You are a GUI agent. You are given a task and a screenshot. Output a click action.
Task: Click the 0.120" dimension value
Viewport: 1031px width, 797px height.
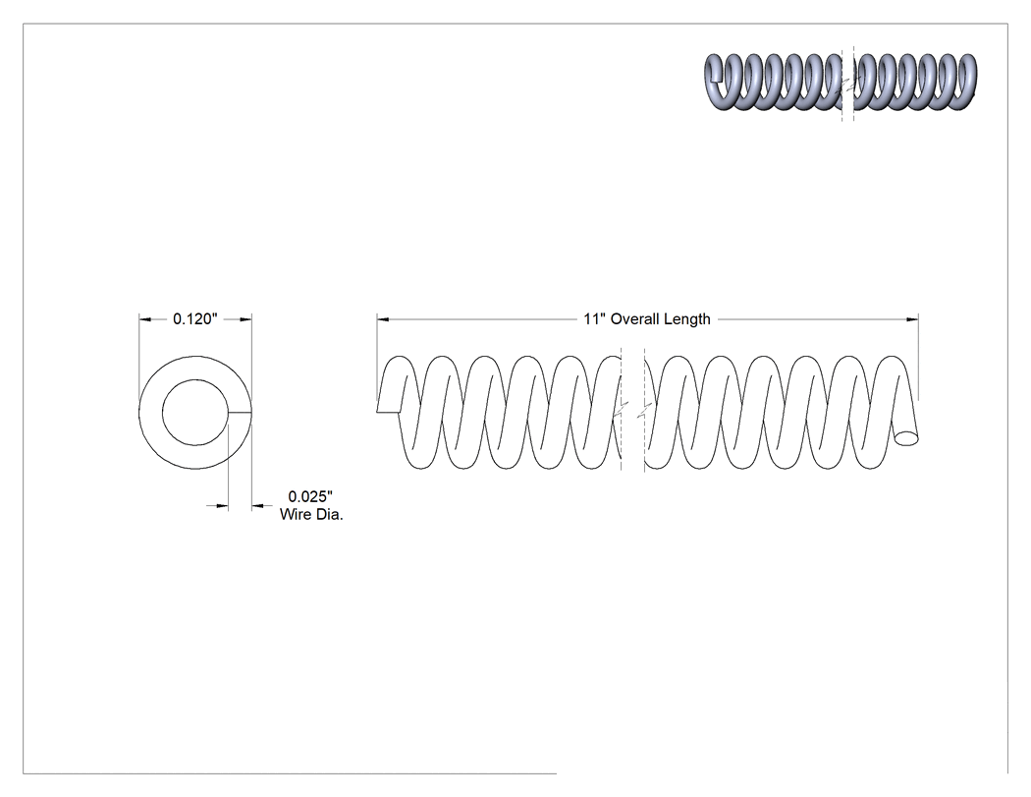pyautogui.click(x=194, y=319)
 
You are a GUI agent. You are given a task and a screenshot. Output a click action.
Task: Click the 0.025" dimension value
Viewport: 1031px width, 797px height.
pyautogui.click(x=311, y=496)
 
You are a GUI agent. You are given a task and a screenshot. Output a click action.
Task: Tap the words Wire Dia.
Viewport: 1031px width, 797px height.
pyautogui.click(x=311, y=515)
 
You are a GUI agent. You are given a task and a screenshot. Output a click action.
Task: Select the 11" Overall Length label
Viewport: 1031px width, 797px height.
pyautogui.click(x=647, y=319)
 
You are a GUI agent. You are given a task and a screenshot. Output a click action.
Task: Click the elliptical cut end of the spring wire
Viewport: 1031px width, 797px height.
pyautogui.click(x=906, y=437)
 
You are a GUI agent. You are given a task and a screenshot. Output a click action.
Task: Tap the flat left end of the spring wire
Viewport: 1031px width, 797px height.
pyautogui.click(x=388, y=412)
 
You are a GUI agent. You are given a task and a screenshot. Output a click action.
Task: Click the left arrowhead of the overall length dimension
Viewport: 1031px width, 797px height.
pyautogui.click(x=383, y=319)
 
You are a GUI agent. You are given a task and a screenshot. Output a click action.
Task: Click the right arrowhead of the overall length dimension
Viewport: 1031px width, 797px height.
pyautogui.click(x=912, y=319)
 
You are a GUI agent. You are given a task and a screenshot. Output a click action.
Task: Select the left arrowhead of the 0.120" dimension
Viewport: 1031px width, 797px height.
pyautogui.click(x=144, y=319)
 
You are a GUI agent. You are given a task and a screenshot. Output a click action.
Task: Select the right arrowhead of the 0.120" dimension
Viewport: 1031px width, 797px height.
pyautogui.click(x=245, y=319)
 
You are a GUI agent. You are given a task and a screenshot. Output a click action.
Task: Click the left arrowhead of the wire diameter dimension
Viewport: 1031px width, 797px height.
pyautogui.click(x=222, y=505)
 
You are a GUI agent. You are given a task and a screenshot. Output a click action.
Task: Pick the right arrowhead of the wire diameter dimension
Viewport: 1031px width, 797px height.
pyautogui.click(x=257, y=505)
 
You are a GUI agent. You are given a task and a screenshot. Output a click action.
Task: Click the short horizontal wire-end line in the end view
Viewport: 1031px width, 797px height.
pyautogui.click(x=240, y=413)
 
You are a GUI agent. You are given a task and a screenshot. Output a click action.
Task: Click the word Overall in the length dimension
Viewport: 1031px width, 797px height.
pyautogui.click(x=634, y=319)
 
